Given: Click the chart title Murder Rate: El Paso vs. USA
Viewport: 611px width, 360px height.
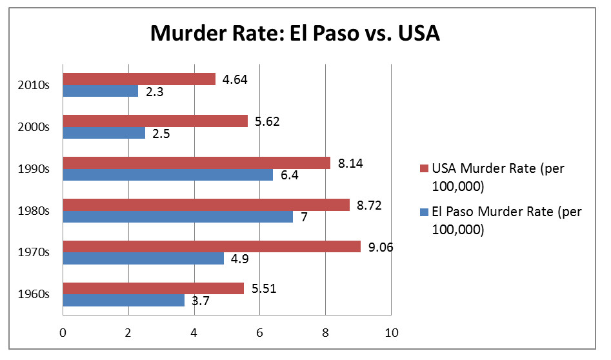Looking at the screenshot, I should pos(295,34).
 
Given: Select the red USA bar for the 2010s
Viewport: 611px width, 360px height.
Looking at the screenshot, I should pos(139,79).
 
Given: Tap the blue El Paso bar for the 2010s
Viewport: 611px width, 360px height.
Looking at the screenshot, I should pos(100,91).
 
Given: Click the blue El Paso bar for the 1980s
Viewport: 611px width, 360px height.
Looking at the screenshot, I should pos(177,217).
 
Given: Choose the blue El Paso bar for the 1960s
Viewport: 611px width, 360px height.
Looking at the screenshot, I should pos(123,300).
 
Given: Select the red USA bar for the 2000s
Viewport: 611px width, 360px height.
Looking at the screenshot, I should pos(155,121).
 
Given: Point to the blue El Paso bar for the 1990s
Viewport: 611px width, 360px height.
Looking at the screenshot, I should pos(168,175).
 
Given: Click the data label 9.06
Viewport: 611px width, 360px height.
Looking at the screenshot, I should pos(381,246).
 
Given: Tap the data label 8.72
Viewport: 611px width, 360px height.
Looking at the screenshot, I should pos(370,204).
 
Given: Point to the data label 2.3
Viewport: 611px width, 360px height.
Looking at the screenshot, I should pos(154,92).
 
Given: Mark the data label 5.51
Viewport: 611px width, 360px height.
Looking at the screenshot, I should pos(265,288).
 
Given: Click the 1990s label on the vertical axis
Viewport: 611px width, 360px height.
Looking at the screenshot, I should pos(37,169).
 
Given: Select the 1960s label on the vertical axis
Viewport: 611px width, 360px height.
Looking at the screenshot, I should pos(37,295).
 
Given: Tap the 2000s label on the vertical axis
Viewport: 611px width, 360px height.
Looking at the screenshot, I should pos(37,127).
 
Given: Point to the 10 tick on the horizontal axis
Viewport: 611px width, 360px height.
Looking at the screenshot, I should pos(391,333).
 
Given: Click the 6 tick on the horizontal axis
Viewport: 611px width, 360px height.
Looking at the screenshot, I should pos(259,333).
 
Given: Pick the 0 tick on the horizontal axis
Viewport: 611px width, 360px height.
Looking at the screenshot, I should pos(63,333).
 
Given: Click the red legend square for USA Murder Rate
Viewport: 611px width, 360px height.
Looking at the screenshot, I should pos(423,169).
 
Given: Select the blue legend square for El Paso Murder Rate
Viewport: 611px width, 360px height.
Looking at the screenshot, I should pos(423,211).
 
